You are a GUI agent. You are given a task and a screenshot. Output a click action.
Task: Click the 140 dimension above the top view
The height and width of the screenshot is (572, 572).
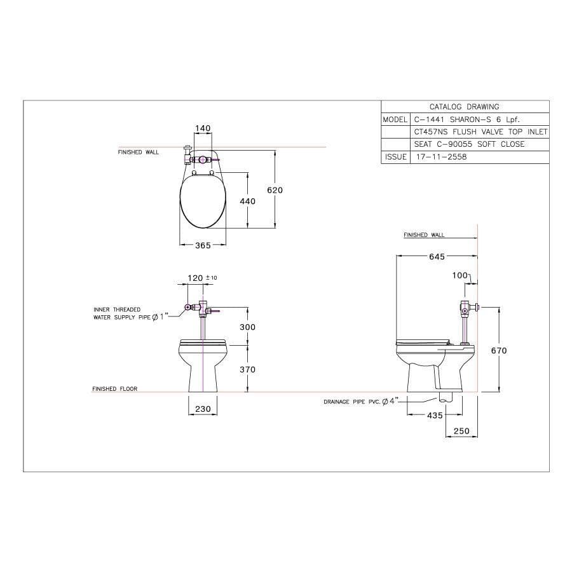click(x=203, y=128)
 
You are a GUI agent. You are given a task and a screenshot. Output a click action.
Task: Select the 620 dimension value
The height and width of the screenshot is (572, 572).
click(x=275, y=190)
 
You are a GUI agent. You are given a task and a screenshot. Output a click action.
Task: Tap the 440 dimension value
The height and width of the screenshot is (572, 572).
click(x=247, y=201)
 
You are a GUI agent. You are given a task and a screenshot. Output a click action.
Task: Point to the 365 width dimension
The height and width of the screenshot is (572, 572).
click(x=203, y=245)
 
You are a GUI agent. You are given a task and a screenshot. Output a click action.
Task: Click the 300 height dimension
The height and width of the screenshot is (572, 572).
click(x=247, y=327)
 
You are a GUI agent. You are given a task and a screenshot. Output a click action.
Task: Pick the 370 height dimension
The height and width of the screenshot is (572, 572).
click(x=247, y=369)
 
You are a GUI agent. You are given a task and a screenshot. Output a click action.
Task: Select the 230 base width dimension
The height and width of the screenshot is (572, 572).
click(x=203, y=409)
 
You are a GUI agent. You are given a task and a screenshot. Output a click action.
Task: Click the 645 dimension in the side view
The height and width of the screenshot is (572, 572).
click(x=437, y=257)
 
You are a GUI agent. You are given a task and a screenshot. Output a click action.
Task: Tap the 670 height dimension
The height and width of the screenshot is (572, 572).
click(x=499, y=351)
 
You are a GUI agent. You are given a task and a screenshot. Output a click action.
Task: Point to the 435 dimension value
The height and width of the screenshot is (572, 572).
click(x=435, y=415)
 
